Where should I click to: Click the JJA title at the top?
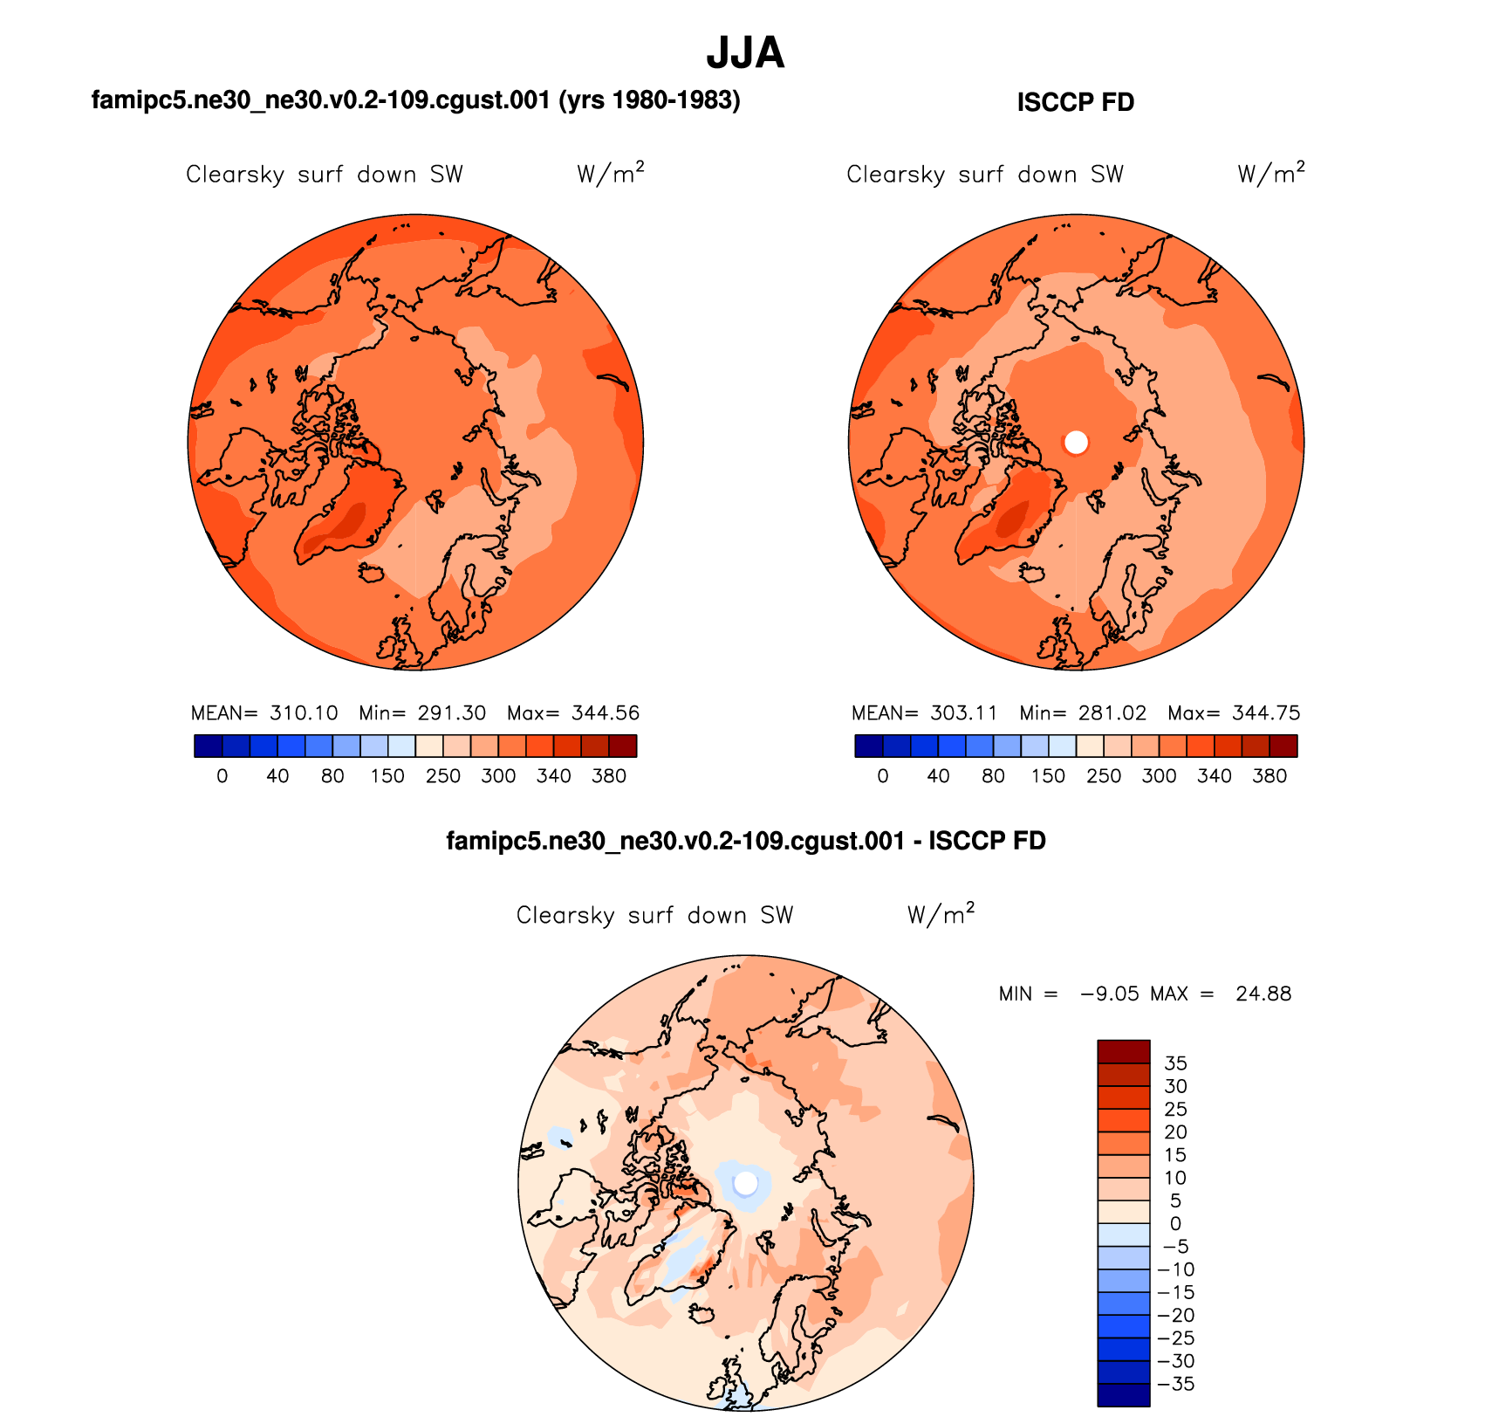coord(745,54)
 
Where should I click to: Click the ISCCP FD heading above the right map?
coord(1075,103)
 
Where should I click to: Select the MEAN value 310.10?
coord(304,713)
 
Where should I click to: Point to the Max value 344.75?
coord(1266,713)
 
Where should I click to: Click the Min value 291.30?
coord(451,713)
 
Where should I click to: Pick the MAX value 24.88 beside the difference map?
coord(1263,994)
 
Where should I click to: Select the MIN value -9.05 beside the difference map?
coord(1110,994)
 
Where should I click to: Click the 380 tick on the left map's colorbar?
coord(609,776)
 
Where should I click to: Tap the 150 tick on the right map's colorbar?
coord(1048,776)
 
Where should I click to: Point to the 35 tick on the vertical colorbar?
coord(1175,1063)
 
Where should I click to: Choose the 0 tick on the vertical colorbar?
coord(1175,1224)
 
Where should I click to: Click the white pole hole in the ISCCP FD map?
coord(1077,443)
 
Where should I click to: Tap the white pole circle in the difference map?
coord(746,1183)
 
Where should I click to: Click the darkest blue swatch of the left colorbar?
coord(209,746)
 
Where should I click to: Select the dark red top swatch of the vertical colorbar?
coord(1123,1051)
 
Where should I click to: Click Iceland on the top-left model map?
coord(372,572)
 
